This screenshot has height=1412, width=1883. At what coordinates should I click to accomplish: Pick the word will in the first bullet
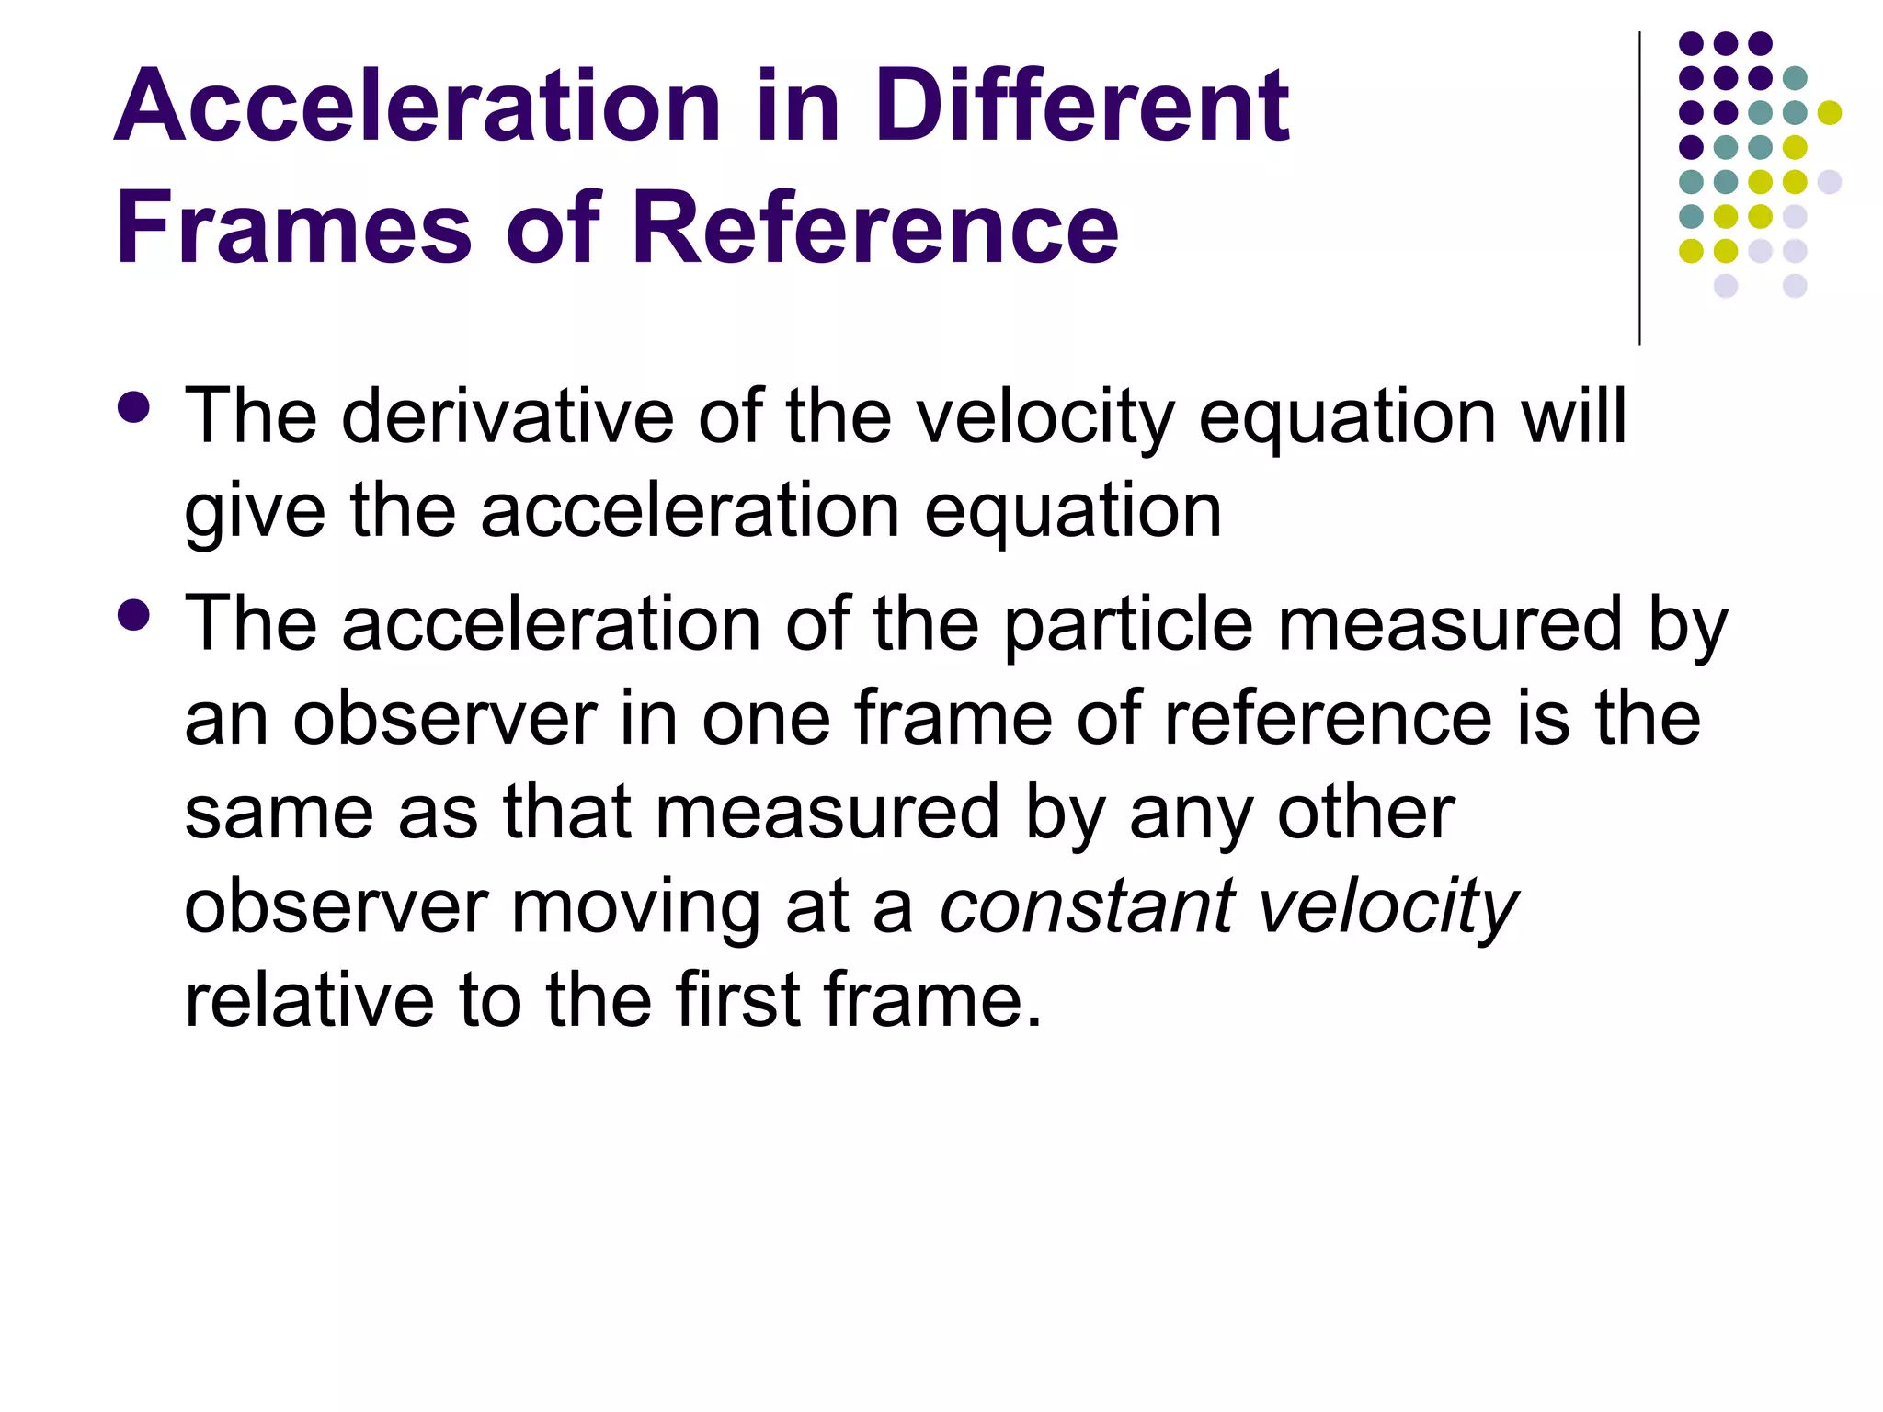coord(1573,416)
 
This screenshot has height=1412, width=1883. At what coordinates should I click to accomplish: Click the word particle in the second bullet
coord(1127,625)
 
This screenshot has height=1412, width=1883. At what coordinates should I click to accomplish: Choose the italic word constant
coord(1087,906)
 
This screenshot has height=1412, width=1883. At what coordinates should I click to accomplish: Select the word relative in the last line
coord(309,999)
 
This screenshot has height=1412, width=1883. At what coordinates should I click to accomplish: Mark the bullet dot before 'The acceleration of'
coord(134,615)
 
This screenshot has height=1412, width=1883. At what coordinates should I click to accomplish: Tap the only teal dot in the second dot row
coord(1795,78)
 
